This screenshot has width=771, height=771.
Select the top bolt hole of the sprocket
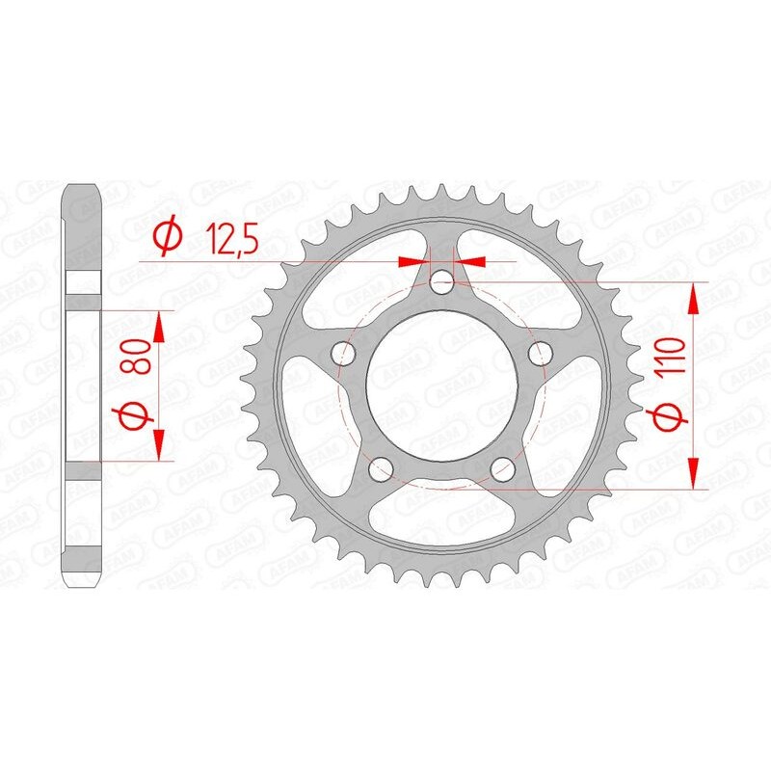click(x=442, y=283)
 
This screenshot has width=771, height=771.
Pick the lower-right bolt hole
click(x=500, y=470)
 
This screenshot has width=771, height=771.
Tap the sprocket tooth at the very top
click(x=441, y=192)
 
